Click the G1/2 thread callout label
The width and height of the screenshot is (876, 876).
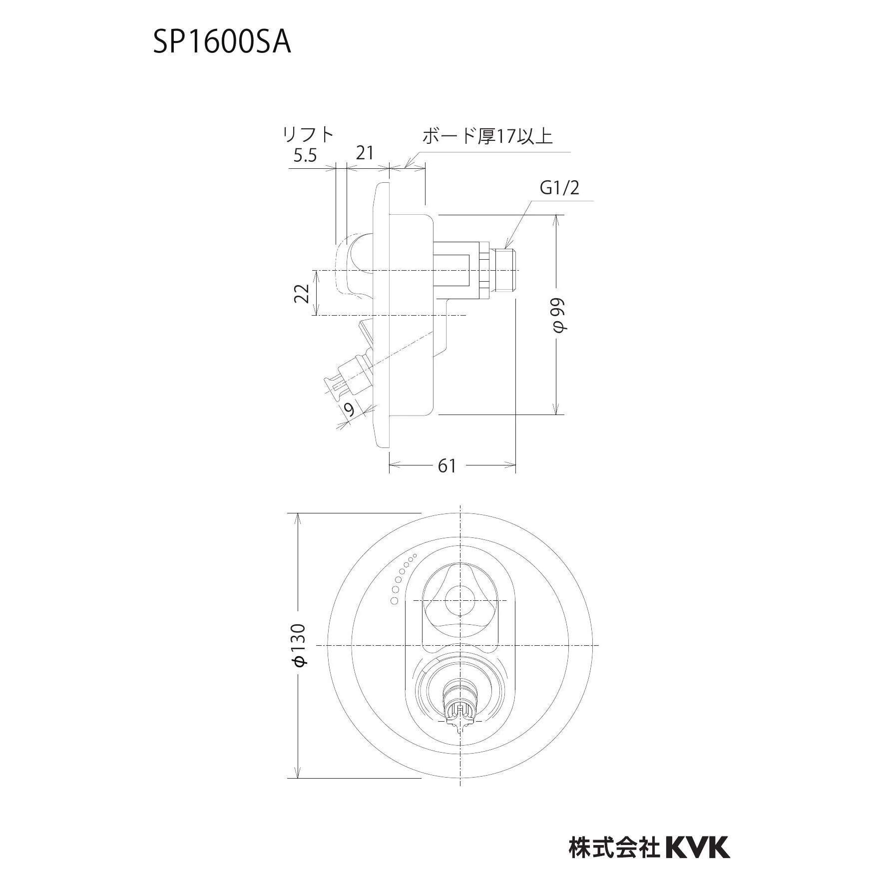point(560,188)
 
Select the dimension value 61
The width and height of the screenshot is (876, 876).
point(447,465)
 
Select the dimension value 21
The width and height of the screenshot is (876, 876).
point(365,153)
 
